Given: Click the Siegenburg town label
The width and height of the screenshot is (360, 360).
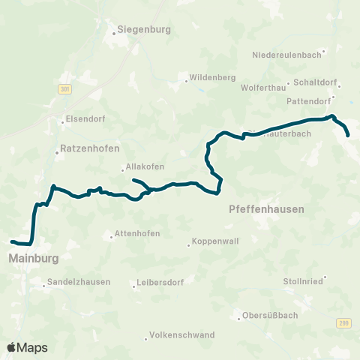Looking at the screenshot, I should click(145, 30).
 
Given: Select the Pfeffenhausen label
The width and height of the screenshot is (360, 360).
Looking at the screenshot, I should click(266, 210).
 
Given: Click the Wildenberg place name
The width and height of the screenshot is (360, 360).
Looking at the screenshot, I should click(212, 77).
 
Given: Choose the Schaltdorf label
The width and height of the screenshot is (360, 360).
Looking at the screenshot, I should click(317, 84).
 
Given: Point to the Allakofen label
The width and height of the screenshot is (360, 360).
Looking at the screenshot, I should click(145, 167).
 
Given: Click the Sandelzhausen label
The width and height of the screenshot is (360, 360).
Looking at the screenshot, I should click(79, 282).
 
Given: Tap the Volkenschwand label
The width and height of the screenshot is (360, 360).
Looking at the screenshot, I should click(182, 334).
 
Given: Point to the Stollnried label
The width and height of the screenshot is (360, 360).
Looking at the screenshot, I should click(303, 280).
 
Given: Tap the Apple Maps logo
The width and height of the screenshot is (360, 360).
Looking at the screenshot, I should click(27, 347).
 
